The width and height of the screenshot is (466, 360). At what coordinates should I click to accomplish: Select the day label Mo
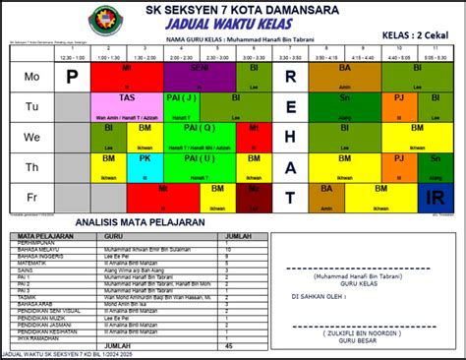pyautogui.click(x=31, y=77)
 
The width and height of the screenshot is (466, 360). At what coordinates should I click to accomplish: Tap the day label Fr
pyautogui.click(x=31, y=197)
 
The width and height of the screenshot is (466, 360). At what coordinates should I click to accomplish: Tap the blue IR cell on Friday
pyautogui.click(x=437, y=197)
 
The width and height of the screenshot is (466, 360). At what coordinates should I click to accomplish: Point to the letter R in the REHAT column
pyautogui.click(x=290, y=77)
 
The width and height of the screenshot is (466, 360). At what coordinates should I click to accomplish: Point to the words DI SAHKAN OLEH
pyautogui.click(x=317, y=294)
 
